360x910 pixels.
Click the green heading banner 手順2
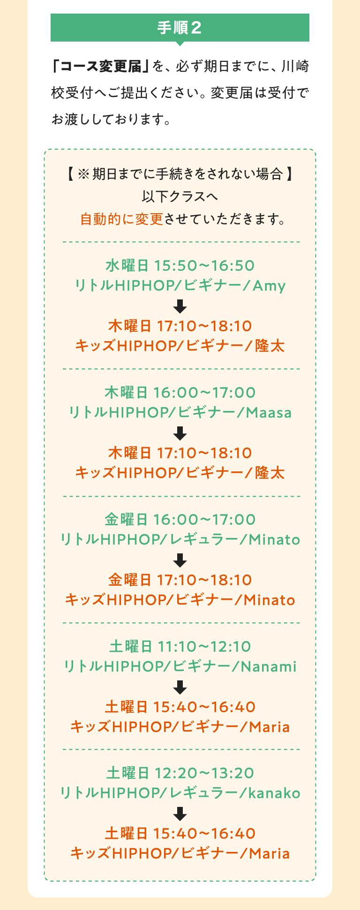point(180,28)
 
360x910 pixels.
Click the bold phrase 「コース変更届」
point(100,67)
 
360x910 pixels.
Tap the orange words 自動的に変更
point(121,219)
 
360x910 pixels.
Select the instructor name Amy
point(269,285)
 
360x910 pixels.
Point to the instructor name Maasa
point(269,412)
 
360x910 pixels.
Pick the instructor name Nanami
point(269,666)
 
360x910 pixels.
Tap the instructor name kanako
point(274,793)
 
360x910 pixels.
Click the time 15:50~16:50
point(204,265)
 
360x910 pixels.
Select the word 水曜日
point(127,265)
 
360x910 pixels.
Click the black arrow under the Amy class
point(180,306)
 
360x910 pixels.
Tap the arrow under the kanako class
point(180,814)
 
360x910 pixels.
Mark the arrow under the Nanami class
point(180,687)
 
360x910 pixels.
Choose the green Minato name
point(274,539)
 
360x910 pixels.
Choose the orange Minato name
point(270,600)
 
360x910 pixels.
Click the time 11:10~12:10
point(204,646)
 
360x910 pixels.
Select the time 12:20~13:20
point(204,773)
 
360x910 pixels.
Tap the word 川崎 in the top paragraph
point(295,67)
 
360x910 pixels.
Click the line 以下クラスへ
point(180,196)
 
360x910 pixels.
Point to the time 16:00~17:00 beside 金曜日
point(204,519)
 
